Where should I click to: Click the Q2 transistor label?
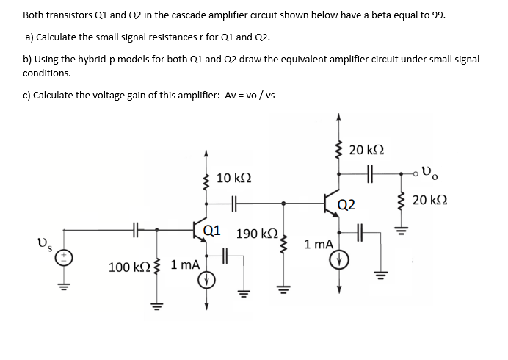(x=346, y=204)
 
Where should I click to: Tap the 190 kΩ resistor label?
(x=255, y=234)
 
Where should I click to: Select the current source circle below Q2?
(x=340, y=260)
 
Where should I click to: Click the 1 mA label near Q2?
(x=319, y=243)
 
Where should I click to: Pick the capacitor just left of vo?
(x=369, y=175)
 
